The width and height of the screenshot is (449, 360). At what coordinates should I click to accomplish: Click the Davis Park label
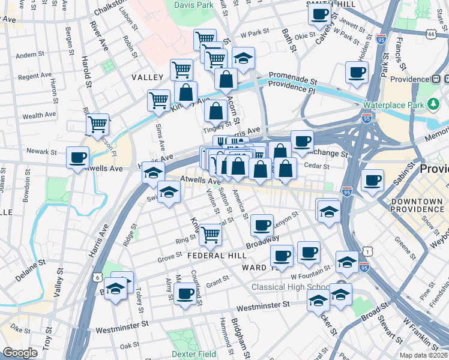(194, 5)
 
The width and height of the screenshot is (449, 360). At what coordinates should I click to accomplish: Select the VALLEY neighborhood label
(148, 78)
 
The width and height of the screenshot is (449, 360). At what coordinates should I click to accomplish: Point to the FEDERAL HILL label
(214, 255)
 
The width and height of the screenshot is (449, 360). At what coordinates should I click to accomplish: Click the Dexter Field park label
(193, 354)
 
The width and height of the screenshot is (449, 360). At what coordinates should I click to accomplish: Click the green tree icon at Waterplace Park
(433, 104)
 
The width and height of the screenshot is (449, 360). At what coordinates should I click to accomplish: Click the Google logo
(20, 352)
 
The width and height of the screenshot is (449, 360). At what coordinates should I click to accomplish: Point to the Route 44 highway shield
(432, 35)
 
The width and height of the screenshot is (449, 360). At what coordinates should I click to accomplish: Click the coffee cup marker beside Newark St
(77, 158)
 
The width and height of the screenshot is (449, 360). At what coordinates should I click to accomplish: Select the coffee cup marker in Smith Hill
(319, 14)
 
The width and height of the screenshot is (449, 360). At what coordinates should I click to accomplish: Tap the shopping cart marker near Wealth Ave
(97, 125)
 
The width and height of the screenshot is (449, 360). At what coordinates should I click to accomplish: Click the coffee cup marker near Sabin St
(372, 181)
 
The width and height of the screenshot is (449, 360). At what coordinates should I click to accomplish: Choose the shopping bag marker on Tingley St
(215, 111)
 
